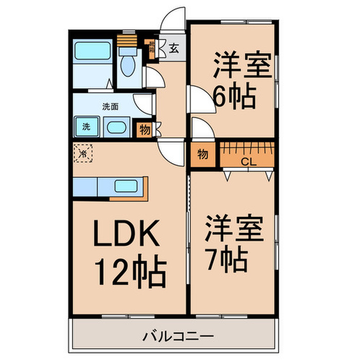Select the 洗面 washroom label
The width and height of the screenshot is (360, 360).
click(x=110, y=107)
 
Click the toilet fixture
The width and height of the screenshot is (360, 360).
click(x=127, y=64)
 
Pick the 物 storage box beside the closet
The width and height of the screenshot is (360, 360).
click(x=203, y=154)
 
